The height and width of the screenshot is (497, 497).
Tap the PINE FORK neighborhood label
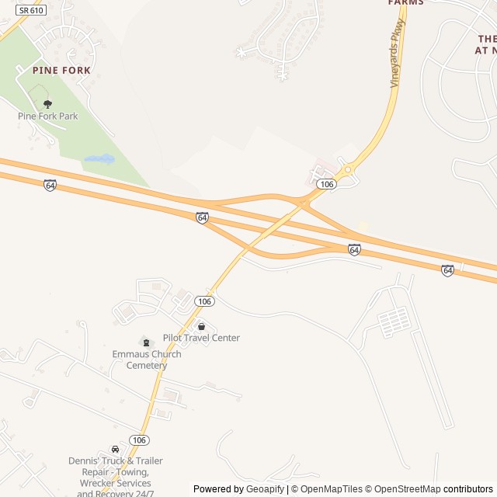61,70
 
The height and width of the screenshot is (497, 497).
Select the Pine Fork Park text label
48,116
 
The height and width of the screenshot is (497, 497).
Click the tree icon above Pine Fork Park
48,103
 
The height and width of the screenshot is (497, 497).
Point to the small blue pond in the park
99,159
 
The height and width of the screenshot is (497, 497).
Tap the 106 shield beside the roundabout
327,184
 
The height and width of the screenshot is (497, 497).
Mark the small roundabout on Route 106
348,169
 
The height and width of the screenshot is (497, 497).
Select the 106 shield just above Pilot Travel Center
204,301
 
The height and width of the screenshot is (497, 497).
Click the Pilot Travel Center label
201,338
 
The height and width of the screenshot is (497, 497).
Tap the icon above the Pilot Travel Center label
201,326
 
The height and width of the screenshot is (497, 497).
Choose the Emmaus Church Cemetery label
147,360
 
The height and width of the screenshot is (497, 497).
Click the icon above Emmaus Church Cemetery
146,342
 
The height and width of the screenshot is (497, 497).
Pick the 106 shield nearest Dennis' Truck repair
139,440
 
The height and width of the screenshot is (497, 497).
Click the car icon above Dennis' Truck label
116,449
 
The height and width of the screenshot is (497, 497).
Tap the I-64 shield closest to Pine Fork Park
50,186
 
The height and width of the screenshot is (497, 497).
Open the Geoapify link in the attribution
265,489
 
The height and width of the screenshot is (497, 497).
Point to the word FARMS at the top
406,3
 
